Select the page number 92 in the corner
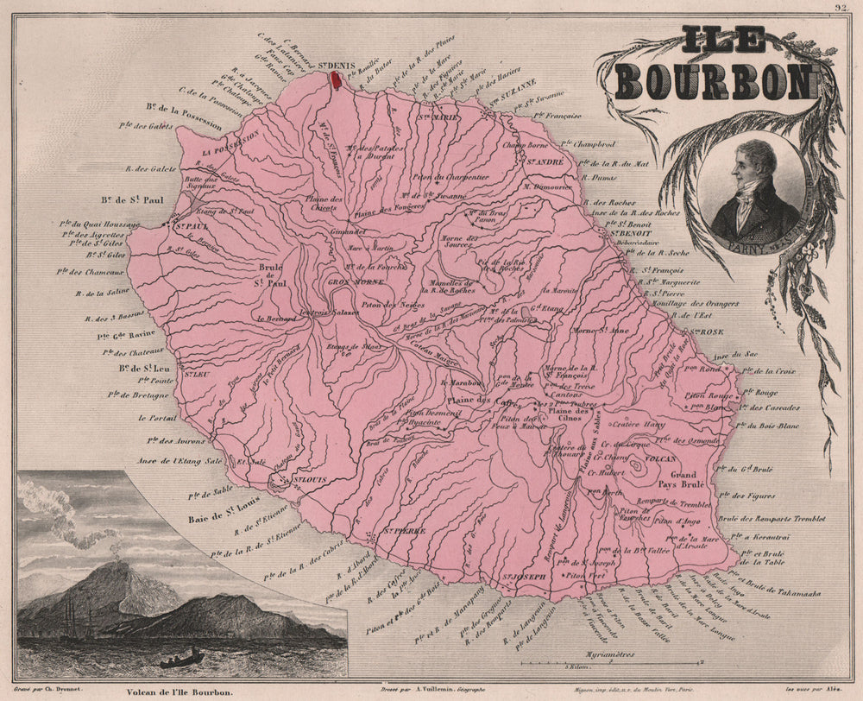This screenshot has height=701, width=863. tap(840, 8)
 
